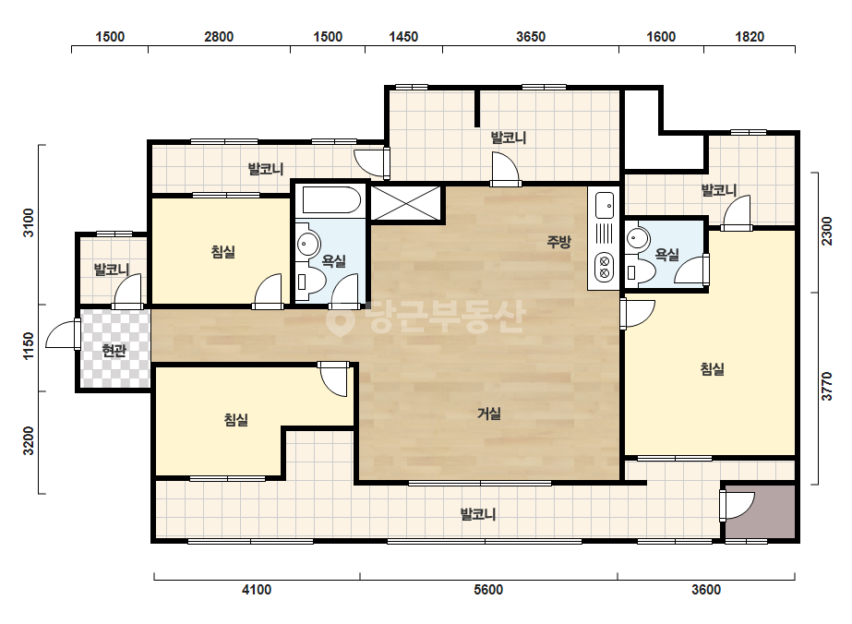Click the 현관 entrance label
click(114, 351)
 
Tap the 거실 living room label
click(489, 414)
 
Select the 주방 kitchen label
click(558, 241)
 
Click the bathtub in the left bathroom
click(331, 200)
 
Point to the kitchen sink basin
click(605, 205)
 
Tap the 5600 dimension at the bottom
click(488, 590)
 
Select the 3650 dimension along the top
click(531, 36)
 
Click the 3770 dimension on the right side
click(826, 387)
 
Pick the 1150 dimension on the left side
click(29, 346)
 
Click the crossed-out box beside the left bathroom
click(406, 203)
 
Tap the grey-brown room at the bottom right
click(761, 512)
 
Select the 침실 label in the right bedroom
click(713, 369)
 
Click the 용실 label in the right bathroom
click(666, 255)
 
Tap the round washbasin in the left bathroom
click(308, 244)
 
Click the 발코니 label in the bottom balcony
click(477, 514)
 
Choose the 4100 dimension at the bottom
click(257, 590)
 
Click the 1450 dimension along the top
click(403, 36)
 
